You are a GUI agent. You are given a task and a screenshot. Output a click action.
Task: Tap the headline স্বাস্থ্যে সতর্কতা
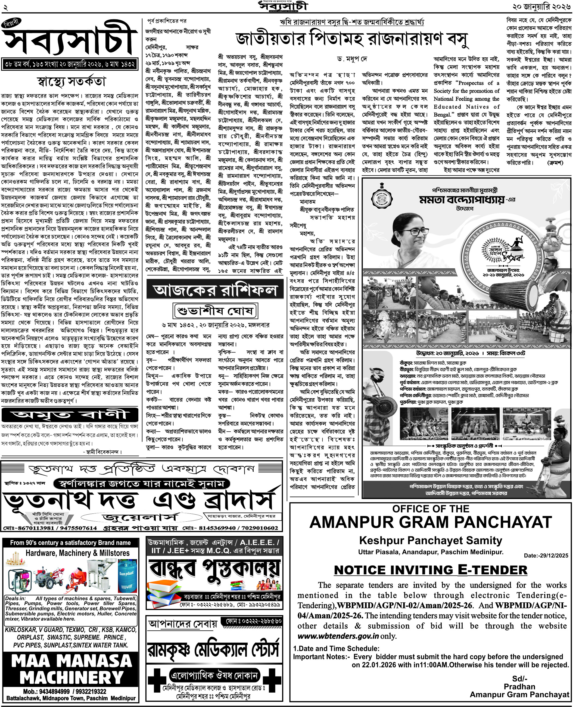point(71,82)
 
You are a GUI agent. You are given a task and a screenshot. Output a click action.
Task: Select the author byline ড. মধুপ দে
point(352,59)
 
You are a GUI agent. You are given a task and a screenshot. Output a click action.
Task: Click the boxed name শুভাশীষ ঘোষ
point(216,311)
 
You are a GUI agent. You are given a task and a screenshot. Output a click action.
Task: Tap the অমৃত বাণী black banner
point(70,415)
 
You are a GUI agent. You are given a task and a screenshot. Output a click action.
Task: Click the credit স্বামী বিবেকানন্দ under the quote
point(102,451)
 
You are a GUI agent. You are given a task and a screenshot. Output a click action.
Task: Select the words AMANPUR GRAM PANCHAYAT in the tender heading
point(431,522)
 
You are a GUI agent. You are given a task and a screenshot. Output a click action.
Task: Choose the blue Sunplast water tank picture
point(127,576)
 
